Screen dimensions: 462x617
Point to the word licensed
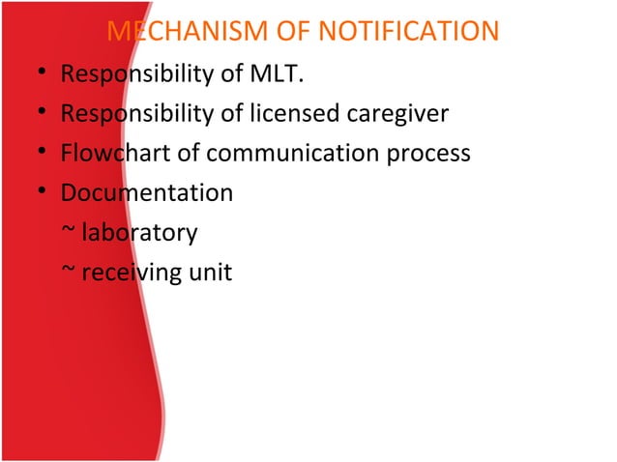[x=297, y=114]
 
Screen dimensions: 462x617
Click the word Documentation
[x=146, y=192]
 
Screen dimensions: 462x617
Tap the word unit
[x=210, y=273]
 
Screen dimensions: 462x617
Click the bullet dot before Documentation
[x=36, y=193]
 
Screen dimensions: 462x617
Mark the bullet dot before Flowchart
[x=36, y=154]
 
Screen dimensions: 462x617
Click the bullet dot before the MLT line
[x=36, y=75]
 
